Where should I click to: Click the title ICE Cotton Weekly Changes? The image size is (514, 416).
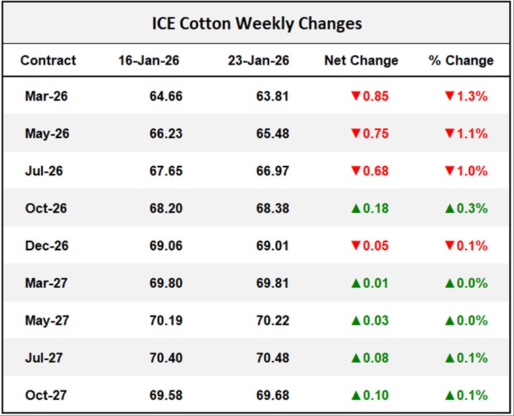[x=256, y=24]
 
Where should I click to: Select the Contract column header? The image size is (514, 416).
[x=48, y=61]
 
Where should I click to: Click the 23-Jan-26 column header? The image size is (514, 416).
[x=259, y=61]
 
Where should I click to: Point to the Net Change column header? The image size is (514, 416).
[x=361, y=61]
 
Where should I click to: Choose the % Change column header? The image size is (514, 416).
[x=461, y=61]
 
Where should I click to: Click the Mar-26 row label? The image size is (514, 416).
[x=46, y=96]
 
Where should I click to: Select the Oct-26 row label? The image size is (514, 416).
[x=46, y=208]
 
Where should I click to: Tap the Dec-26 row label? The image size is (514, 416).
[x=46, y=245]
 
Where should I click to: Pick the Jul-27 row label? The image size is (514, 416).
[x=44, y=357]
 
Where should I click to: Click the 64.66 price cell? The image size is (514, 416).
[x=166, y=96]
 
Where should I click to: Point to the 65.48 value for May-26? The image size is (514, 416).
[x=273, y=133]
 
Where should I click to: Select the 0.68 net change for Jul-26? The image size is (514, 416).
[x=376, y=171]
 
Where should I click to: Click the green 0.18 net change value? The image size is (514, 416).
[x=376, y=208]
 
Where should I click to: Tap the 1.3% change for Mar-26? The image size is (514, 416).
[x=473, y=96]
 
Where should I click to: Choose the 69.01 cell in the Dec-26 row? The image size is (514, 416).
[x=273, y=245]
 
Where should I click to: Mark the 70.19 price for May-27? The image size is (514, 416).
[x=166, y=320]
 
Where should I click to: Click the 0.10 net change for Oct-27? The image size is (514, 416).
[x=376, y=394]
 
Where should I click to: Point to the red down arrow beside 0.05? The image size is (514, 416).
[x=355, y=245]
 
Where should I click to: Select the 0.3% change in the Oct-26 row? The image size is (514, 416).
[x=473, y=208]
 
